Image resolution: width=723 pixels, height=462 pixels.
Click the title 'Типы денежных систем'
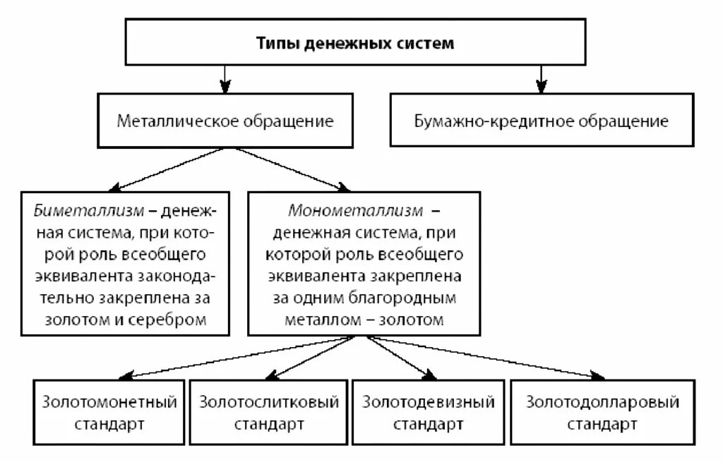click(354, 43)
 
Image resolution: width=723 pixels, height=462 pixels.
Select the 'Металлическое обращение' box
click(225, 121)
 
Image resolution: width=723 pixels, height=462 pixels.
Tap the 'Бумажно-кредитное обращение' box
click(541, 121)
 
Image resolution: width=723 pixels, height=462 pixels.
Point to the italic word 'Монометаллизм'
click(355, 211)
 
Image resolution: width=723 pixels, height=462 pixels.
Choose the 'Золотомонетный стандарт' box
click(109, 413)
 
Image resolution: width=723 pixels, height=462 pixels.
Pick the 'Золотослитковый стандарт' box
click(269, 413)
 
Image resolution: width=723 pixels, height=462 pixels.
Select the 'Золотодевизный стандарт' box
click(428, 413)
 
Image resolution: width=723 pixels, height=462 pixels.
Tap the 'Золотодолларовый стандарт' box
click(602, 413)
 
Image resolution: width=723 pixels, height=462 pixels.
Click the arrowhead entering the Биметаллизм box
click(119, 187)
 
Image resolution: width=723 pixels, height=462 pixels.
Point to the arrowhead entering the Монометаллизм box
click(343, 187)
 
